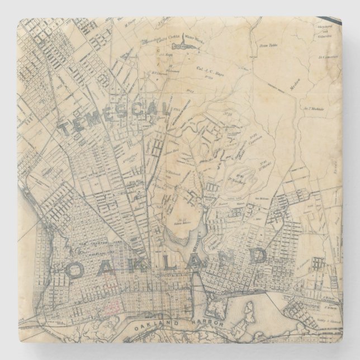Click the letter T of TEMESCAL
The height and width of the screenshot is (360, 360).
(x=66, y=130)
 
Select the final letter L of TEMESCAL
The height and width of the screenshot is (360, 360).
(x=164, y=111)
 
